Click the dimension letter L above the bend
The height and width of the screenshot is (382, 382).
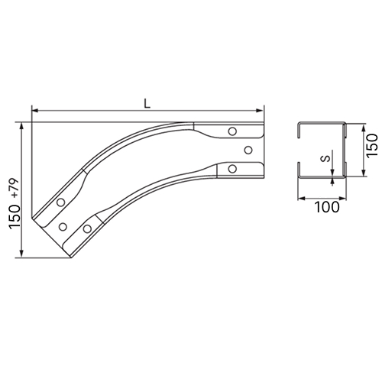point(147,103)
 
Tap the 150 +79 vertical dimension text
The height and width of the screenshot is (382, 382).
point(15,204)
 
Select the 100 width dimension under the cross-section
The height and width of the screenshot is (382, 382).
point(327,207)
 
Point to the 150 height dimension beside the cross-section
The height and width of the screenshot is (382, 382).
point(373,145)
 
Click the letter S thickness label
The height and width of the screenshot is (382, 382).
point(325,158)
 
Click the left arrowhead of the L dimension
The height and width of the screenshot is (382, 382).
point(35,111)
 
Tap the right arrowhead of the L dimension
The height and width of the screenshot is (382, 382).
point(260,111)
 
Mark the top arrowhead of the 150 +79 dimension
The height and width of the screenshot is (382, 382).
point(22,127)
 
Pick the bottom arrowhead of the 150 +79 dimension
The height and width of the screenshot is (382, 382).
point(22,254)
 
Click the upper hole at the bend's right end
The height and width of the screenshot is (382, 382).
point(232,131)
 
